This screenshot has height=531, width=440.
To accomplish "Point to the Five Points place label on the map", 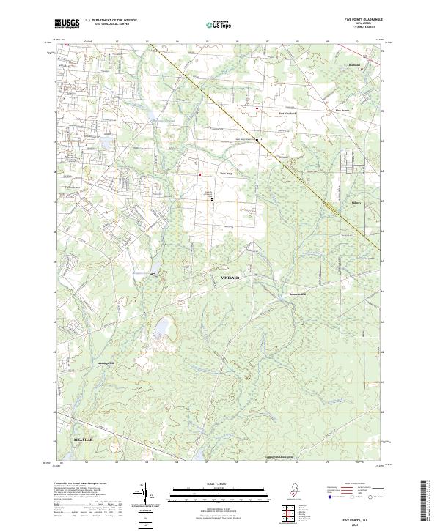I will point(342,111).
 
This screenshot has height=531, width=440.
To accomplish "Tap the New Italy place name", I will point(227,173).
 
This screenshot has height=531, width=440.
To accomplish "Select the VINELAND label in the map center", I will point(230,278).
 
